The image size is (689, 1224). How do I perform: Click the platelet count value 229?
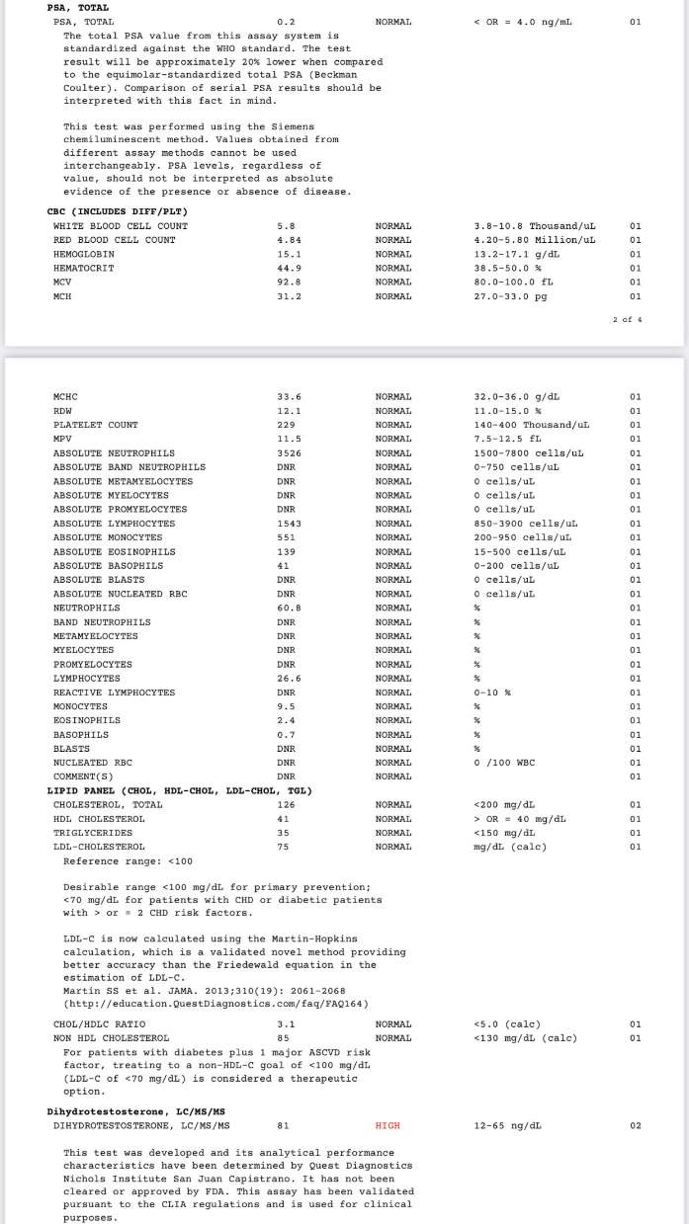click(287, 425)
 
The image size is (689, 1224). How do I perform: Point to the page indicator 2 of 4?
click(627, 319)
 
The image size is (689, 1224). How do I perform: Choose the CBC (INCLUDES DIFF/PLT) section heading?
click(118, 211)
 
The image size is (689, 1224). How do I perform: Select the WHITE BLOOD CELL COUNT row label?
click(121, 226)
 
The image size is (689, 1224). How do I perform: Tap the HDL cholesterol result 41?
click(284, 819)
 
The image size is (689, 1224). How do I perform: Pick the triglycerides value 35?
click(284, 833)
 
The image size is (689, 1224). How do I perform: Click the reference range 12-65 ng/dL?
click(508, 1125)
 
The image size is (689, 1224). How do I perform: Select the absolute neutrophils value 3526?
click(287, 452)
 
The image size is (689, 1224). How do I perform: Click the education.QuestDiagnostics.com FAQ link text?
click(215, 1004)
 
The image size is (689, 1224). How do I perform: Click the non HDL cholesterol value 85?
click(284, 1038)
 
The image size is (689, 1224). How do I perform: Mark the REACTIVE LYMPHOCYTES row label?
click(114, 693)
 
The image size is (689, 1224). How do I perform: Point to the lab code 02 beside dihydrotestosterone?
click(636, 1125)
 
